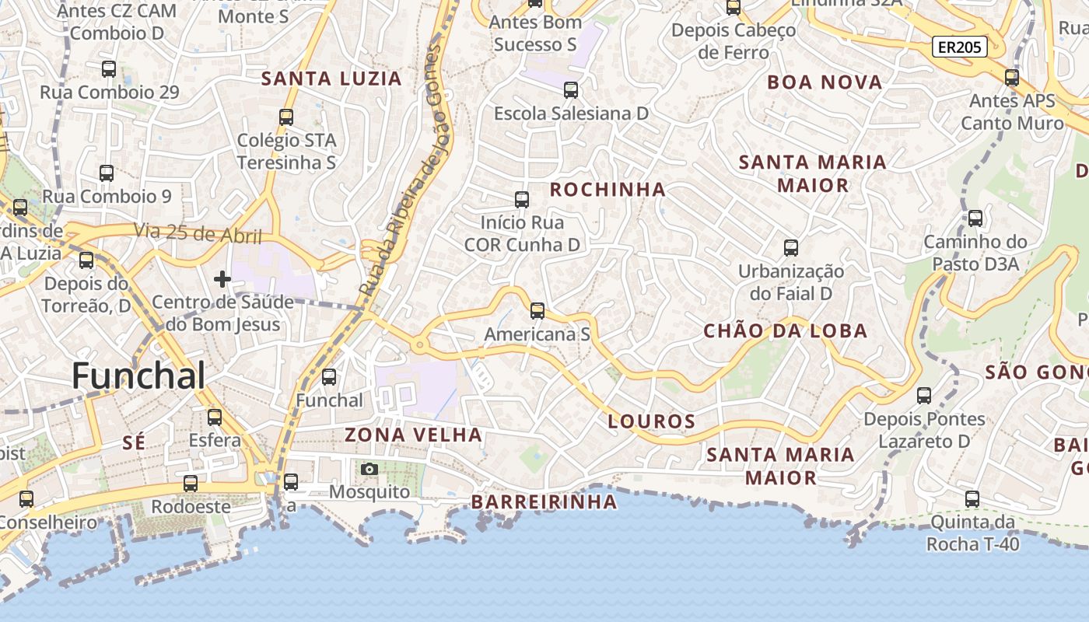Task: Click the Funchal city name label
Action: click(x=138, y=376)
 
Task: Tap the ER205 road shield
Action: click(x=959, y=47)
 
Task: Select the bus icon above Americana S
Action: click(x=537, y=311)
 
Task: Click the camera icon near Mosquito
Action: click(x=369, y=469)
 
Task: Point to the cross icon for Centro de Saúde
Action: click(x=222, y=278)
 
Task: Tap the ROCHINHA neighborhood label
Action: click(x=608, y=189)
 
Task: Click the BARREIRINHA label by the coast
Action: click(x=544, y=502)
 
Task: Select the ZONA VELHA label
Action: click(x=413, y=435)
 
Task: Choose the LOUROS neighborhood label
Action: click(x=651, y=422)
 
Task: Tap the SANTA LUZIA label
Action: click(x=331, y=79)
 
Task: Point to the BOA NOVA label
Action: click(x=825, y=82)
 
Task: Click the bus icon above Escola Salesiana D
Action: click(x=571, y=90)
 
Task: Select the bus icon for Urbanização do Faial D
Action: click(x=791, y=248)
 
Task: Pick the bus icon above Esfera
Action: click(x=215, y=418)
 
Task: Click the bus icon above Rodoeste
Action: click(x=191, y=484)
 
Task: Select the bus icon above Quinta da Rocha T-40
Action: click(x=972, y=499)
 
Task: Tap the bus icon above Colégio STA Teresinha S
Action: click(x=286, y=117)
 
